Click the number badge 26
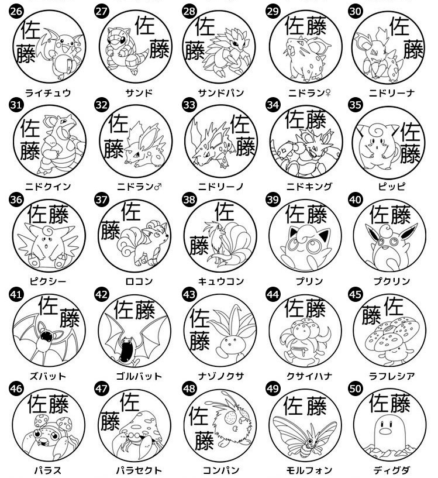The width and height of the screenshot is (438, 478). pos(16,11)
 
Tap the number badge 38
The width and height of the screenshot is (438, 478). pos(189,200)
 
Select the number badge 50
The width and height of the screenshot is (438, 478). pos(355,388)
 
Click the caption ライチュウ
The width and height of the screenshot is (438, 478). pos(48,92)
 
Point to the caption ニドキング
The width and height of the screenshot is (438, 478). pos(309,186)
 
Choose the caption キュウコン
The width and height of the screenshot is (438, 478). pos(221,281)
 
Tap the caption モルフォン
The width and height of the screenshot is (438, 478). pos(309,470)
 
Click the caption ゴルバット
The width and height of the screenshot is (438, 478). pos(139,376)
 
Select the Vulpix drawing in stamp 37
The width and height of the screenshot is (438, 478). pos(143,244)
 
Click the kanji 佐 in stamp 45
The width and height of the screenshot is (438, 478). pos(394,307)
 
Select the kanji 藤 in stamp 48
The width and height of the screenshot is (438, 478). pos(204,441)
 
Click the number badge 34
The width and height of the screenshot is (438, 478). pos(273,105)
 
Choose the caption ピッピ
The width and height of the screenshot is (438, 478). pos(392,186)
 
